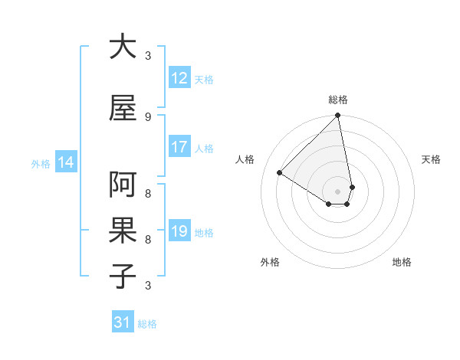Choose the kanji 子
[x=123, y=276]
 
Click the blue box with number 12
[x=179, y=78]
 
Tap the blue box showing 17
[x=179, y=147]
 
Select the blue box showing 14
[x=66, y=162]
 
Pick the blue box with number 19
[x=179, y=231]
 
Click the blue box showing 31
[x=122, y=322]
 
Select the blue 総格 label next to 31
[x=147, y=323]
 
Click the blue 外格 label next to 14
[x=41, y=163]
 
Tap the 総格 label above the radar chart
[x=338, y=100]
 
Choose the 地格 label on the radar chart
[x=402, y=262]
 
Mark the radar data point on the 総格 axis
[x=338, y=116]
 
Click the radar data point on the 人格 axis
[x=280, y=173]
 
